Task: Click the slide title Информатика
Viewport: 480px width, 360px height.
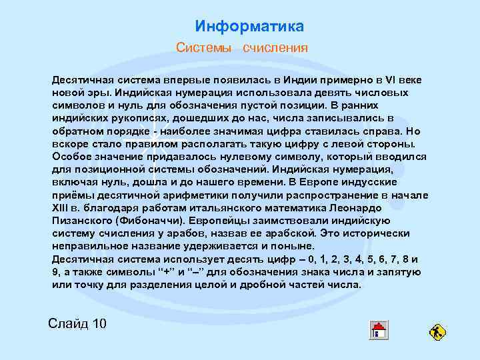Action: (249, 27)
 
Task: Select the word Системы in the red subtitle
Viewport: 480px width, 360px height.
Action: (203, 48)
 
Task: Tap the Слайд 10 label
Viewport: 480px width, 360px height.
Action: (77, 324)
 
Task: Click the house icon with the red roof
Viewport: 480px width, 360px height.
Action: (379, 330)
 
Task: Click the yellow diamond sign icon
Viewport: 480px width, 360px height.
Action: (437, 332)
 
